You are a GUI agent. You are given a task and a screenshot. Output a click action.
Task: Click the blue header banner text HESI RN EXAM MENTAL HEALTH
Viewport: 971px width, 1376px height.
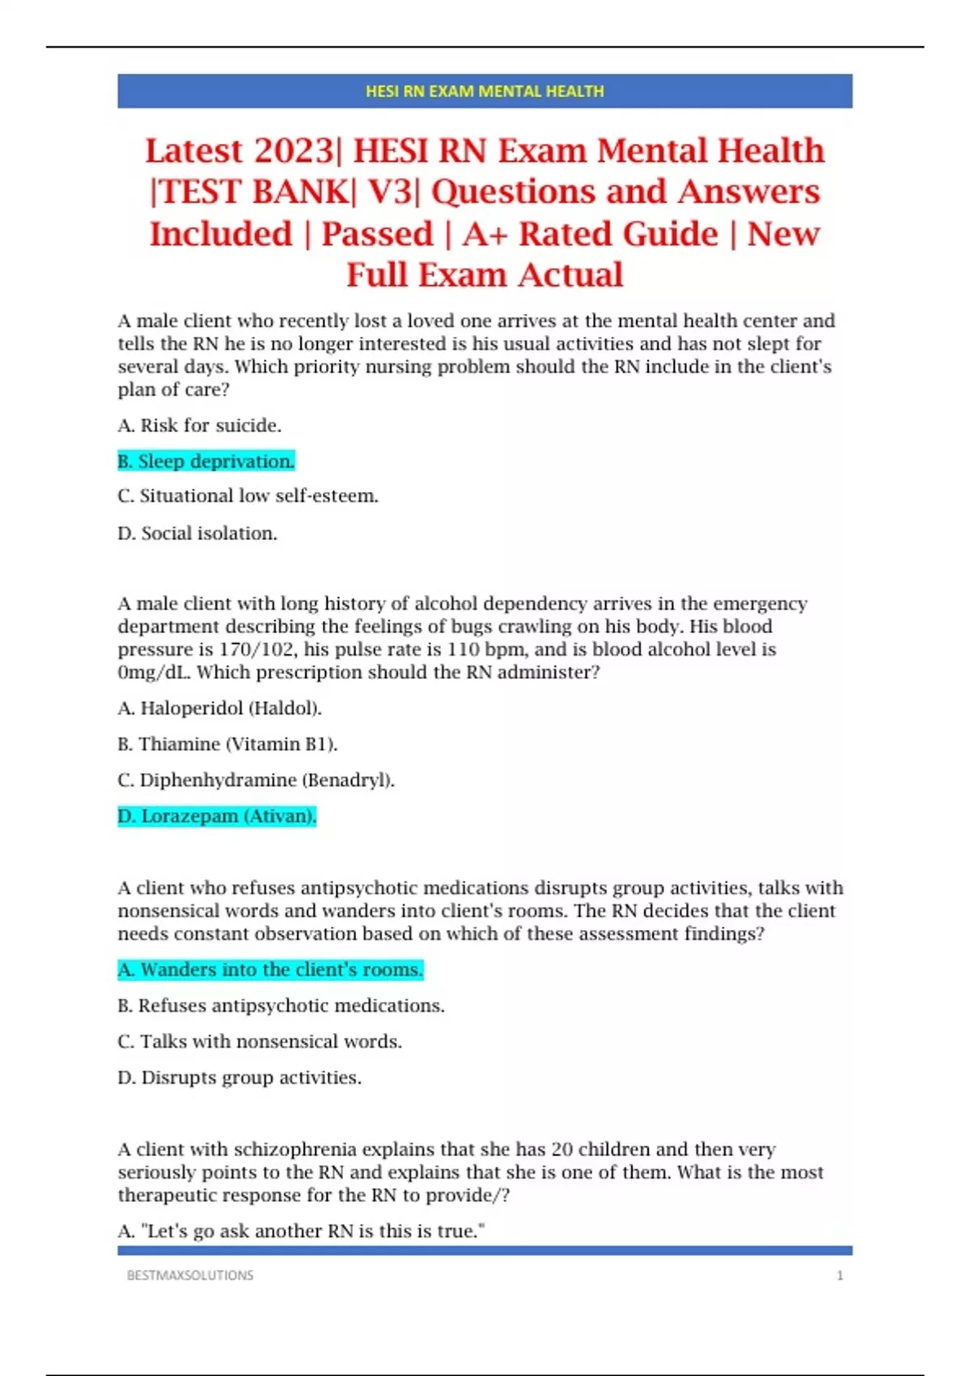click(x=485, y=91)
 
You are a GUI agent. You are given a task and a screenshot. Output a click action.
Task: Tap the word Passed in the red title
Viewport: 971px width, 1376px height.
click(x=377, y=234)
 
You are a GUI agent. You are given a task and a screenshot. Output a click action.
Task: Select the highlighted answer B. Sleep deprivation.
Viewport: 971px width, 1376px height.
click(x=206, y=461)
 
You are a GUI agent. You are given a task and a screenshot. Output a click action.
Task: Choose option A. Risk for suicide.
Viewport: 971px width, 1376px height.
click(x=200, y=426)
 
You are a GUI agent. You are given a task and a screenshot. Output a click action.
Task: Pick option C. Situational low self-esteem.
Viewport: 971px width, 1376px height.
click(x=248, y=496)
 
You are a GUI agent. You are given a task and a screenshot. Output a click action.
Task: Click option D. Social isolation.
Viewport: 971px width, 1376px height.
click(x=197, y=533)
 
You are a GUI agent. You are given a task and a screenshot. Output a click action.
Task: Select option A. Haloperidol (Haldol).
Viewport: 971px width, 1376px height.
click(x=219, y=708)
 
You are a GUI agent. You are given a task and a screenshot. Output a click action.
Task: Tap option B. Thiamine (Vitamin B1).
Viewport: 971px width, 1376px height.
click(x=227, y=744)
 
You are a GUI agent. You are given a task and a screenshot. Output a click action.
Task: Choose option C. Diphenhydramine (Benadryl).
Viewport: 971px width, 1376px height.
click(x=256, y=780)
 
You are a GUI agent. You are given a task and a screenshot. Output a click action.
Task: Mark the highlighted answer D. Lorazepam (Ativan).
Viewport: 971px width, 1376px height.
click(x=217, y=816)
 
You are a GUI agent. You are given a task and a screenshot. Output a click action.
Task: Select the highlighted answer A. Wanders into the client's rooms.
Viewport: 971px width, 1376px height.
click(x=270, y=970)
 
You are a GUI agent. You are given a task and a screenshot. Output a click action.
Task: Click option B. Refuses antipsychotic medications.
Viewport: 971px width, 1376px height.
click(x=281, y=1005)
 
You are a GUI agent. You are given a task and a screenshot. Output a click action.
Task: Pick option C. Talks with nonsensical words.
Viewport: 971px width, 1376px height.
click(x=260, y=1042)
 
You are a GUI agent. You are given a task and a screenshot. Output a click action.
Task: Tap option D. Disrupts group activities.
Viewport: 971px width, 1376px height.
click(x=240, y=1077)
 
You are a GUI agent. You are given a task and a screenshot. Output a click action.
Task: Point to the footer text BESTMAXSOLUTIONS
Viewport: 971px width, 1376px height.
click(x=190, y=1276)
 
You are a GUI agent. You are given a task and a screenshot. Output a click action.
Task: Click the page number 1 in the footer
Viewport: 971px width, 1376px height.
click(x=840, y=1276)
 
